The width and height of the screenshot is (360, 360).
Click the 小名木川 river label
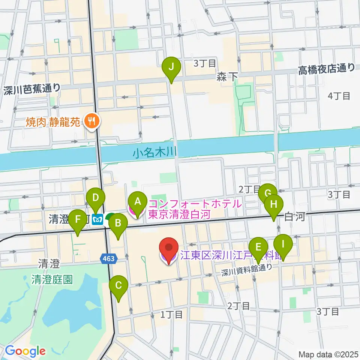click(154, 153)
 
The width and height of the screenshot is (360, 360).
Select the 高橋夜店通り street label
click(326, 68)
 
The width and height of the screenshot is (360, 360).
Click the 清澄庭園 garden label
click(52, 280)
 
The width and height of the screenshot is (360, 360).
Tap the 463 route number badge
click(109, 258)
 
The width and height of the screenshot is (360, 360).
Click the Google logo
click(25, 351)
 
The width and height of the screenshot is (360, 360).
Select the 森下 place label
click(227, 77)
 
